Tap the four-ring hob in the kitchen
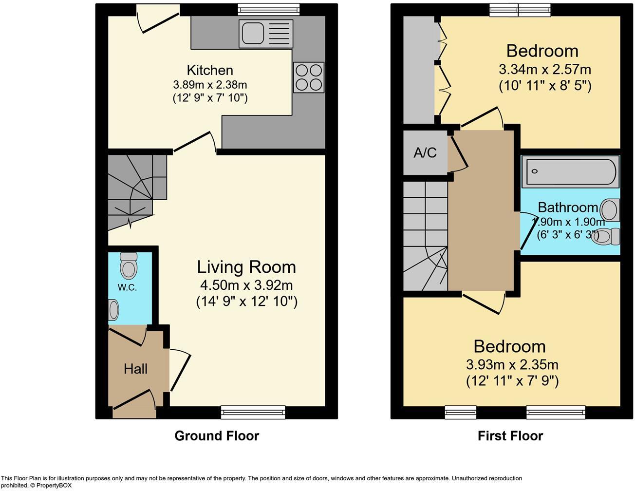309,77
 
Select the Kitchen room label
210,70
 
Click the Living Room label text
246,267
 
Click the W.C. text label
127,287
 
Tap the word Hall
135,369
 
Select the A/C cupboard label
425,153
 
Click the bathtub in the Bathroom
570,171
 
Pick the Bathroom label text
568,208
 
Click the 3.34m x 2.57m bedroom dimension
544,69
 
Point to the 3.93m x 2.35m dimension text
512,364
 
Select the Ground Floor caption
217,435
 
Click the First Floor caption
510,435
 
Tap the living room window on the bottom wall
253,412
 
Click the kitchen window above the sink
269,10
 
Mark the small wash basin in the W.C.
113,310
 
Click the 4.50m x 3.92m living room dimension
246,285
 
